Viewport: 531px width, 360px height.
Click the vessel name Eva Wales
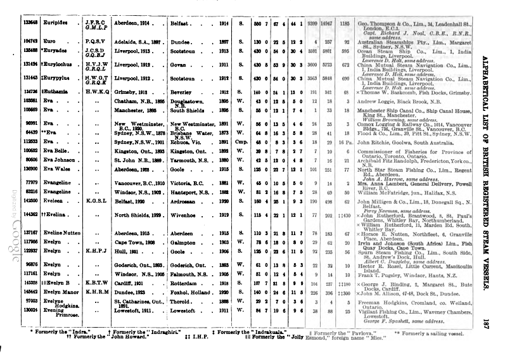[x=56, y=170]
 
